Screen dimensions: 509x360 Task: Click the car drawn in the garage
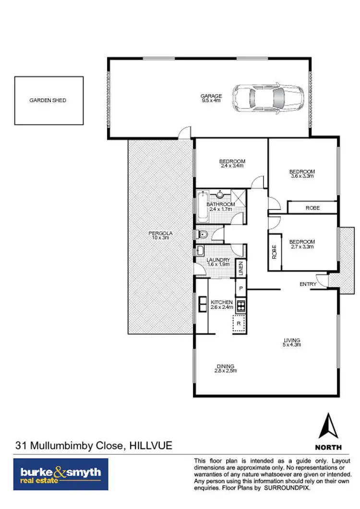(268, 98)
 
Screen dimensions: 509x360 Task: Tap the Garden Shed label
(48, 100)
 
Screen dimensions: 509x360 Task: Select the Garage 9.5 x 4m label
(211, 98)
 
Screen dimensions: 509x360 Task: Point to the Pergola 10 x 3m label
(161, 236)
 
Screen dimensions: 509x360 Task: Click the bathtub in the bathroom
(201, 206)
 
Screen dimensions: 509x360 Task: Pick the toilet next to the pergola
(202, 235)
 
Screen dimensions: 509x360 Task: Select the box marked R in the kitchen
(240, 324)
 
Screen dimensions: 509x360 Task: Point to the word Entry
(308, 284)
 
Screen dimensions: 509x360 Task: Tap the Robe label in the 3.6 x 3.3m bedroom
(312, 208)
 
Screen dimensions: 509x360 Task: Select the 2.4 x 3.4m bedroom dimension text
(232, 166)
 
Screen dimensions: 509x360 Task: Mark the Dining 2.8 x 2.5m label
(226, 368)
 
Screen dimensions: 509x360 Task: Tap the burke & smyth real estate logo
(61, 473)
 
